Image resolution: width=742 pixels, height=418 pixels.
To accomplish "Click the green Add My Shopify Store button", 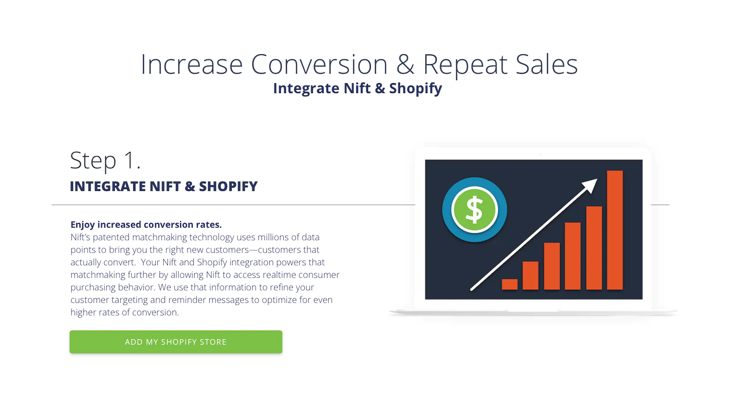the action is [176, 342].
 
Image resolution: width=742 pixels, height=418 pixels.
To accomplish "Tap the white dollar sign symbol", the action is [474, 209].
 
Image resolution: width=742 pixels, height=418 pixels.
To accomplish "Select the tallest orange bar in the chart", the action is [615, 230].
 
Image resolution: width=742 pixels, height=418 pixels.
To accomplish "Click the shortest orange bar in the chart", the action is [510, 284].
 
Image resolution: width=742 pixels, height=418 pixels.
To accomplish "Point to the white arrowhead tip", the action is [597, 179].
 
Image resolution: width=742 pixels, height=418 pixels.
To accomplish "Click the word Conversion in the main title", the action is [319, 64].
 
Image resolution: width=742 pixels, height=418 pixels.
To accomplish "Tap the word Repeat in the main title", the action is [466, 65].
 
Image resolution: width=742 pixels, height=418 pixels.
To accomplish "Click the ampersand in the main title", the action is [405, 64].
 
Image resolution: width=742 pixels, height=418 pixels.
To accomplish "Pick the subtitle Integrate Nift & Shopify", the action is [358, 89].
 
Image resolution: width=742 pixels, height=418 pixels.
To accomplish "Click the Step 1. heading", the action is [105, 161].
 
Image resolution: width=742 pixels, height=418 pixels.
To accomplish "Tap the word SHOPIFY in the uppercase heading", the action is [228, 186].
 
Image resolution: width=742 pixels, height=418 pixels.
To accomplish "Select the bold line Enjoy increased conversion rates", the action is [146, 225].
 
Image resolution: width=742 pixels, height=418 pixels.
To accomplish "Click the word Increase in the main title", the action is [192, 64].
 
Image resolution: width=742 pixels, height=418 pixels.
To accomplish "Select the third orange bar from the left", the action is [552, 266].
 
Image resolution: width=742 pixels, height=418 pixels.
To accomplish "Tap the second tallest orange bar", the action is [594, 248].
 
